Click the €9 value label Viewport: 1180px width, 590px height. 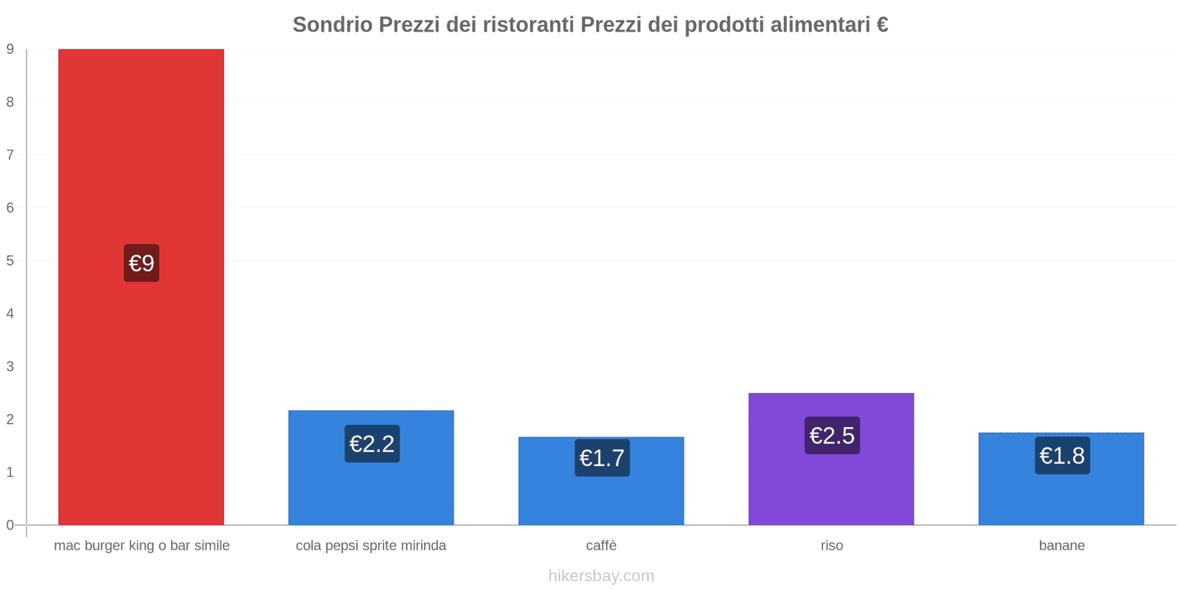click(x=142, y=263)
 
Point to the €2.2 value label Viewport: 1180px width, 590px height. click(x=372, y=444)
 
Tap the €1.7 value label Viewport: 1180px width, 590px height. click(x=602, y=458)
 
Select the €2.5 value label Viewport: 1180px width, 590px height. click(x=832, y=435)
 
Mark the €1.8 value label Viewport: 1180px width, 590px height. click(x=1062, y=456)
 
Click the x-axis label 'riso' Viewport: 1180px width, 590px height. click(x=832, y=546)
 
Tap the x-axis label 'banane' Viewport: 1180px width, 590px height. click(x=1061, y=546)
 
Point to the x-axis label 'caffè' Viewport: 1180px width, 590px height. click(x=601, y=546)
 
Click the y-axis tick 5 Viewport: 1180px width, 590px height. click(x=10, y=260)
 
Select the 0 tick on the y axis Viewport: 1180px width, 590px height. click(x=10, y=525)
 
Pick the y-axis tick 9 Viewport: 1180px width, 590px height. click(x=10, y=49)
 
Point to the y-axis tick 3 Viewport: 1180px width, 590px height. click(x=10, y=367)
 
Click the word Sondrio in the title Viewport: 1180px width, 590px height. click(x=332, y=25)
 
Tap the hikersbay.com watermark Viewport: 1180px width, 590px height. click(x=601, y=576)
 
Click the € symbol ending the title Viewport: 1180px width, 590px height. click(x=882, y=25)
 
